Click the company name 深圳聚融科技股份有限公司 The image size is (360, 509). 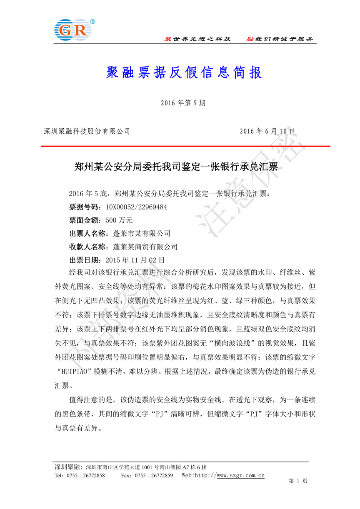point(87,131)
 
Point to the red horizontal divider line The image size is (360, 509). point(185,147)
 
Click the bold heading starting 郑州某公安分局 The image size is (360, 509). point(176,167)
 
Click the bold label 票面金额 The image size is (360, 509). point(82,220)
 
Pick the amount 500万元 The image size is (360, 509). point(119,220)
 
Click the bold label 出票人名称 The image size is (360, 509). point(86,234)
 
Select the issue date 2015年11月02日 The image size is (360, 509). point(130,260)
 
